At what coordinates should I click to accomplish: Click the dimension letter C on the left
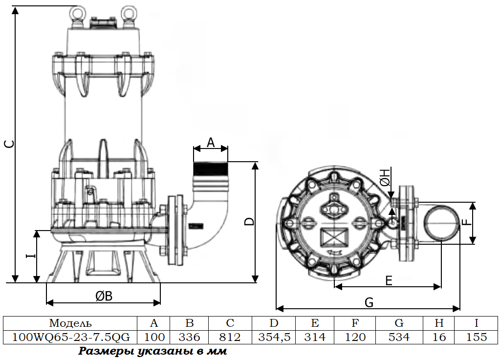click(11, 144)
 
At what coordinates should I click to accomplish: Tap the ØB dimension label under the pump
click(104, 296)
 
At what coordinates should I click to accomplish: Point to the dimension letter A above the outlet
click(211, 143)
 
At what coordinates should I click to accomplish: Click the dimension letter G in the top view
click(369, 302)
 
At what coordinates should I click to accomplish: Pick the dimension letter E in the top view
click(389, 281)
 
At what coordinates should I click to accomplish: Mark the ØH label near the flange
click(385, 177)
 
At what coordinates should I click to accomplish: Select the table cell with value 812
click(230, 337)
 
